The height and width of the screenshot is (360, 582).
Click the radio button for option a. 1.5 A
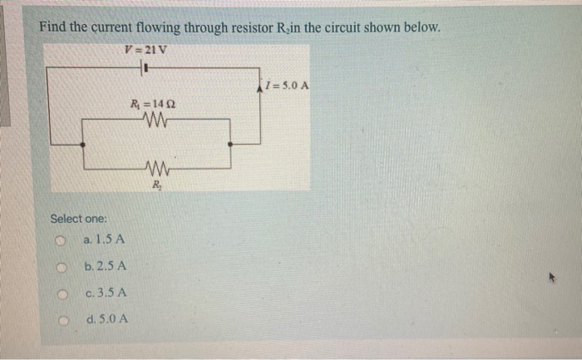click(x=61, y=241)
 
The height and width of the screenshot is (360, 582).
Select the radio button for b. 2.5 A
click(x=61, y=268)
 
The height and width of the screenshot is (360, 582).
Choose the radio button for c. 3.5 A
click(x=61, y=293)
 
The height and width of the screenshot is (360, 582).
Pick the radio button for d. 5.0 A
click(x=61, y=320)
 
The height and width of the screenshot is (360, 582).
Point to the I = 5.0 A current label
click(x=287, y=85)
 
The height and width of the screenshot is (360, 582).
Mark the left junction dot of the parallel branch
click(x=81, y=144)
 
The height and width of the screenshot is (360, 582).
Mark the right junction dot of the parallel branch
click(x=230, y=144)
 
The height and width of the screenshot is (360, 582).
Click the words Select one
click(x=78, y=219)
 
